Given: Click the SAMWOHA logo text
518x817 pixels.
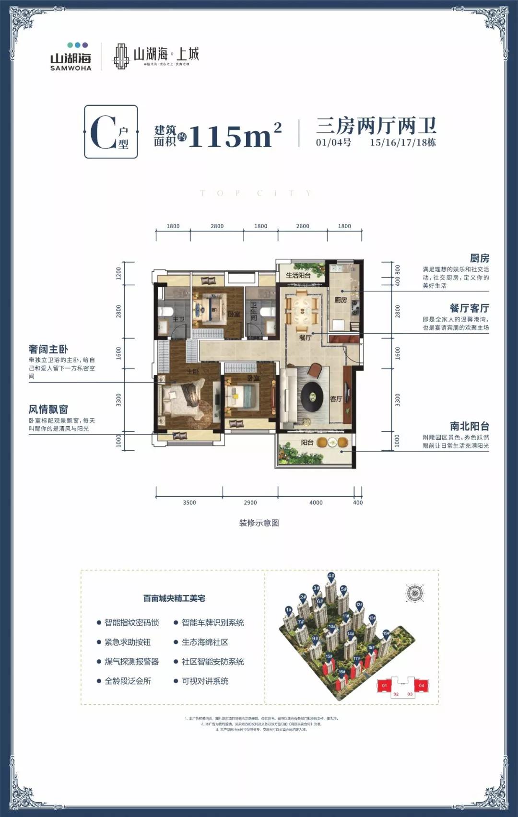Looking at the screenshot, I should (71, 68).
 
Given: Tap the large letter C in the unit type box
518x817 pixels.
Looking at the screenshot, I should (103, 133).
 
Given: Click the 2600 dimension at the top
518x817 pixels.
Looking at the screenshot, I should (303, 226).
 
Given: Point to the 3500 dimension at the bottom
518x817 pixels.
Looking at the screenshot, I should (189, 502).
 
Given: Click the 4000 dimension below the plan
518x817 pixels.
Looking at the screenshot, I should (316, 502).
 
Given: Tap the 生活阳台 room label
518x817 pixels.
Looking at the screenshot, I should (298, 275).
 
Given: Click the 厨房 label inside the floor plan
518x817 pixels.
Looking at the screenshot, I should (341, 300).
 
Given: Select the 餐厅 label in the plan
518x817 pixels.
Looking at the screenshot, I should (306, 338).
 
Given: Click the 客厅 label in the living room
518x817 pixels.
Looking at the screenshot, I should (336, 399).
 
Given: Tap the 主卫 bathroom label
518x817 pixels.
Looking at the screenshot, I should (178, 319).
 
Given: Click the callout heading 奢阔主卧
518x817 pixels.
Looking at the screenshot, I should (48, 349).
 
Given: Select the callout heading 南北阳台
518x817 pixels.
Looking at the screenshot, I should (469, 426).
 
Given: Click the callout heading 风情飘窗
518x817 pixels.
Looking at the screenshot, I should (48, 409).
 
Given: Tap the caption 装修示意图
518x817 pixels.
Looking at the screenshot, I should (259, 523).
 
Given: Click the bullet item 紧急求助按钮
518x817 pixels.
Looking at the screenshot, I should (128, 642).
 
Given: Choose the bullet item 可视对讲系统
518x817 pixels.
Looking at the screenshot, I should (205, 681).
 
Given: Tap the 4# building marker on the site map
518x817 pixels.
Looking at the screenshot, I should (331, 576).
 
